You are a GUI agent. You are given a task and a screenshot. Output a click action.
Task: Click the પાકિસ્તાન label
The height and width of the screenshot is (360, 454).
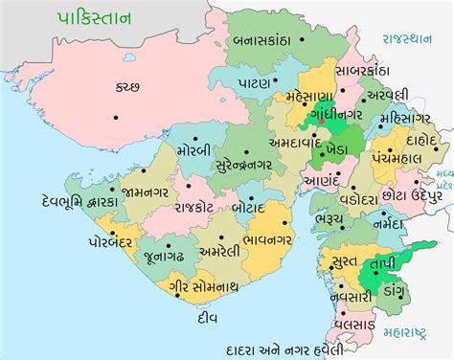[80, 17]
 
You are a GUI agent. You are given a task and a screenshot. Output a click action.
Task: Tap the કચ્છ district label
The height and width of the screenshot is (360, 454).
[127, 85]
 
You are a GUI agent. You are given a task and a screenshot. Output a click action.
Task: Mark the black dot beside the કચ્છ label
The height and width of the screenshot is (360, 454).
[117, 117]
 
